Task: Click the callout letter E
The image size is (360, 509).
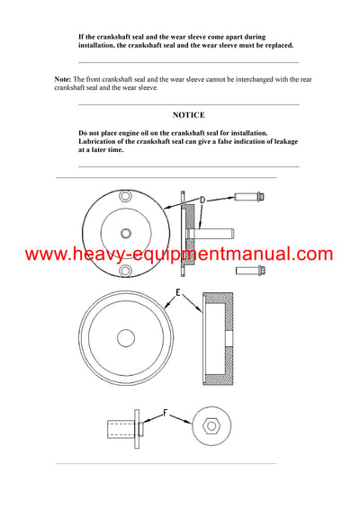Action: tap(178, 291)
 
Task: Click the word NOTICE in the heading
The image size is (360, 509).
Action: tap(188, 115)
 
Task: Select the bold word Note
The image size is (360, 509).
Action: tap(63, 80)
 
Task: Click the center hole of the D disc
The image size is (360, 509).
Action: tap(123, 233)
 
